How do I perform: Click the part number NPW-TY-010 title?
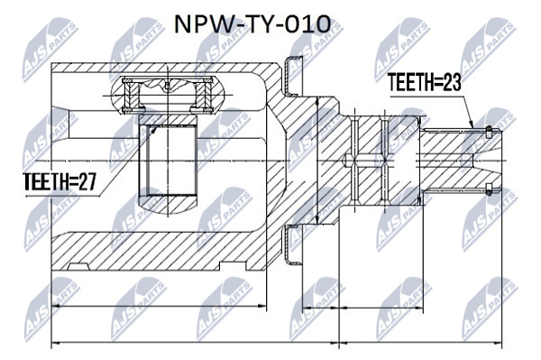coord(252,24)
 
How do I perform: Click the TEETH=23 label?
coord(424,82)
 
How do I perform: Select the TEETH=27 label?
coord(60,182)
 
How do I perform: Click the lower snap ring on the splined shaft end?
coord(488,189)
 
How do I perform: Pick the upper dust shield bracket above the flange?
coord(292,75)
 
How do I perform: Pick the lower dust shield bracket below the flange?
coord(292,245)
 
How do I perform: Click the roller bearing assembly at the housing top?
coord(168,95)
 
